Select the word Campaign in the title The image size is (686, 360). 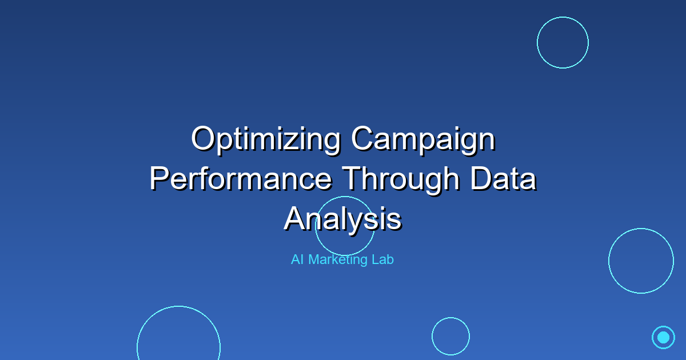[423, 141]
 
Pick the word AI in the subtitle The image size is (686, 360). [297, 259]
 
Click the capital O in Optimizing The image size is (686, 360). [204, 139]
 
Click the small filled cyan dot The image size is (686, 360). [663, 337]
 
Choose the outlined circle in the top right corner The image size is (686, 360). [563, 42]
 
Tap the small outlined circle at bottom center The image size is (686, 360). [450, 336]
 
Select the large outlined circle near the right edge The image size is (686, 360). [641, 261]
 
